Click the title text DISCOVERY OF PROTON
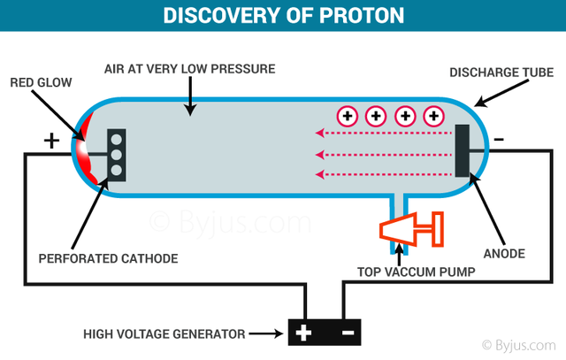tap(282, 15)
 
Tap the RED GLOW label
tap(41, 83)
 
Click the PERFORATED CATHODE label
tap(108, 258)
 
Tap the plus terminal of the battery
tap(303, 333)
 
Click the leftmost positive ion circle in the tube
tap(346, 115)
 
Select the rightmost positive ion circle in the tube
tap(433, 115)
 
